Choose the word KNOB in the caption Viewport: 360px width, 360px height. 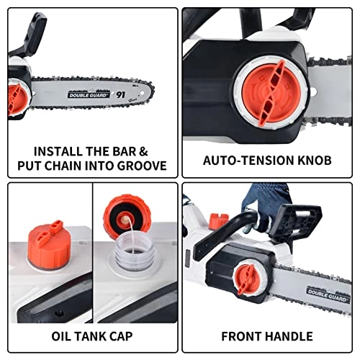tap(314, 160)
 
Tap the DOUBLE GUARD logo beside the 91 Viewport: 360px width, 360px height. tap(88, 94)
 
